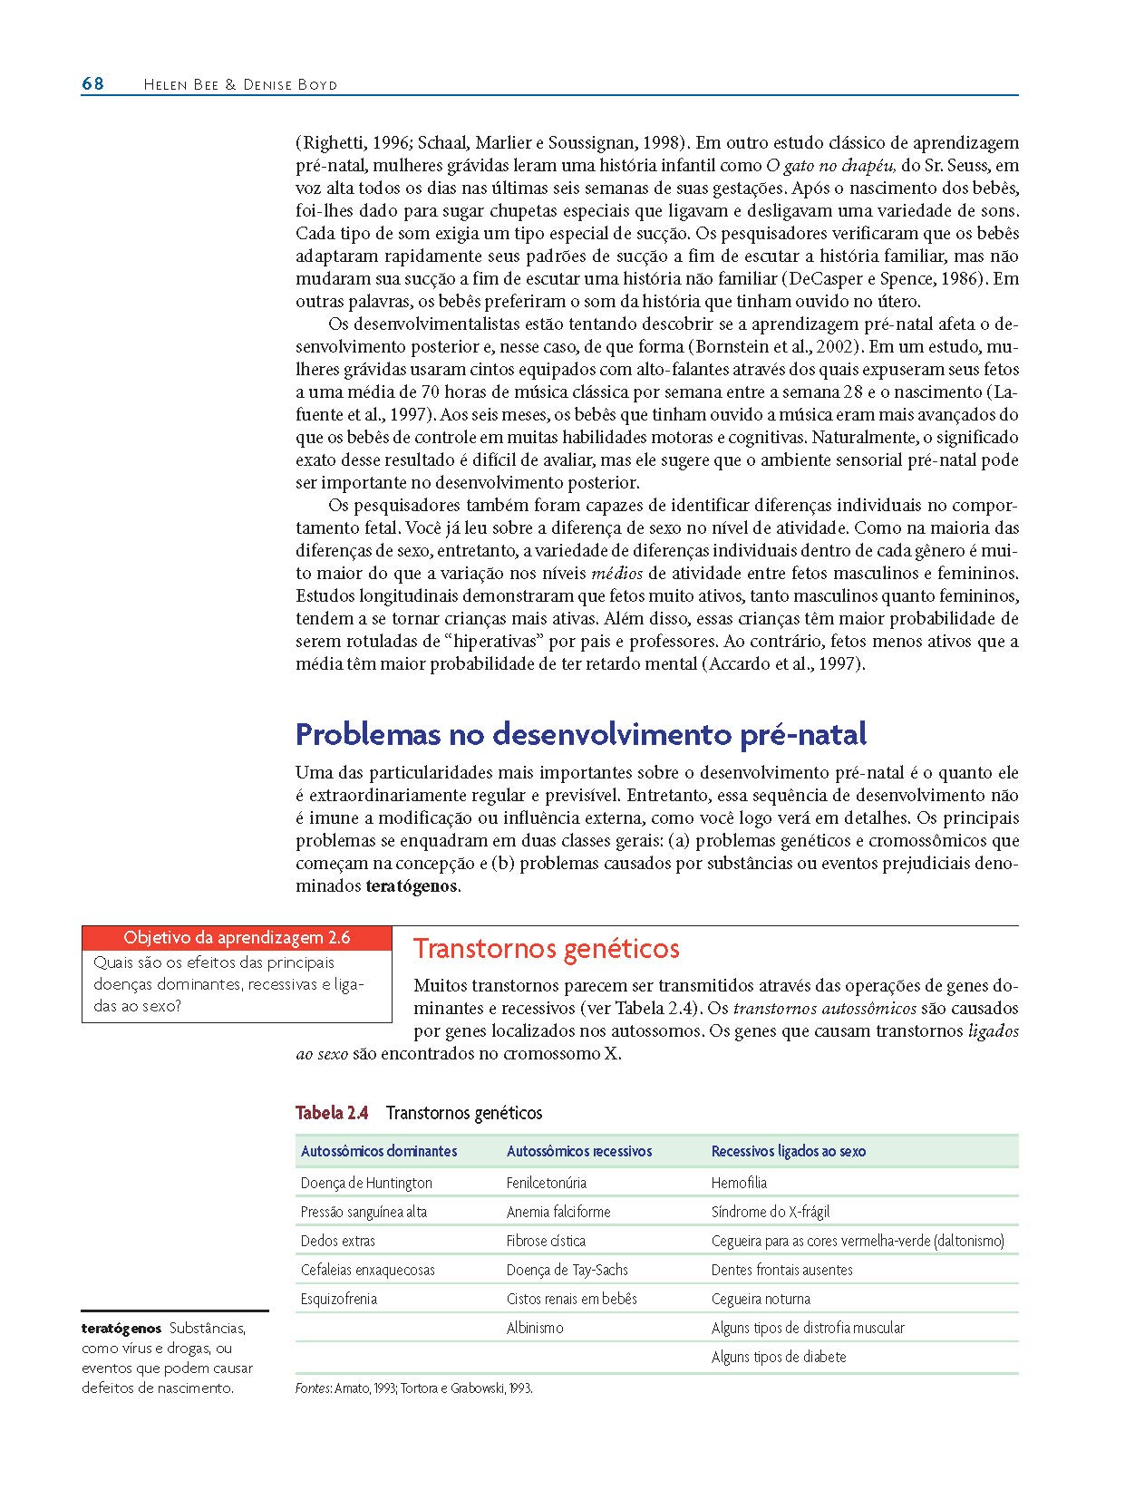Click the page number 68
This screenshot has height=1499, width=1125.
92,84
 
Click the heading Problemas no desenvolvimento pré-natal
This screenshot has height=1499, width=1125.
581,733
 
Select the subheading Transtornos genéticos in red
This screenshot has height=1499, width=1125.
546,949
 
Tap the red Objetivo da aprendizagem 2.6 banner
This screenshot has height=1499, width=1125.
237,937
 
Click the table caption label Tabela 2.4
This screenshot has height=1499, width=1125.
332,1112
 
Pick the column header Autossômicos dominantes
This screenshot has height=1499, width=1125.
379,1151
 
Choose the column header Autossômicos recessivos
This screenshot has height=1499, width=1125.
579,1151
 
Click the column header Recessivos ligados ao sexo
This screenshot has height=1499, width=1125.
788,1151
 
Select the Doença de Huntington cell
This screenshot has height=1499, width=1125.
366,1183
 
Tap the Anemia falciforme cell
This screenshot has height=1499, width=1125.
558,1212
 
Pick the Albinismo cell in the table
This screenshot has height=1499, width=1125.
535,1328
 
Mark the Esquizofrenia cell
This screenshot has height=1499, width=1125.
339,1299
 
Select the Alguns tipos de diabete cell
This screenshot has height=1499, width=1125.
779,1357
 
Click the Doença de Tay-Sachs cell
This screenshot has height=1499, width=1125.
567,1270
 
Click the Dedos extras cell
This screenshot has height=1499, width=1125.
338,1241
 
